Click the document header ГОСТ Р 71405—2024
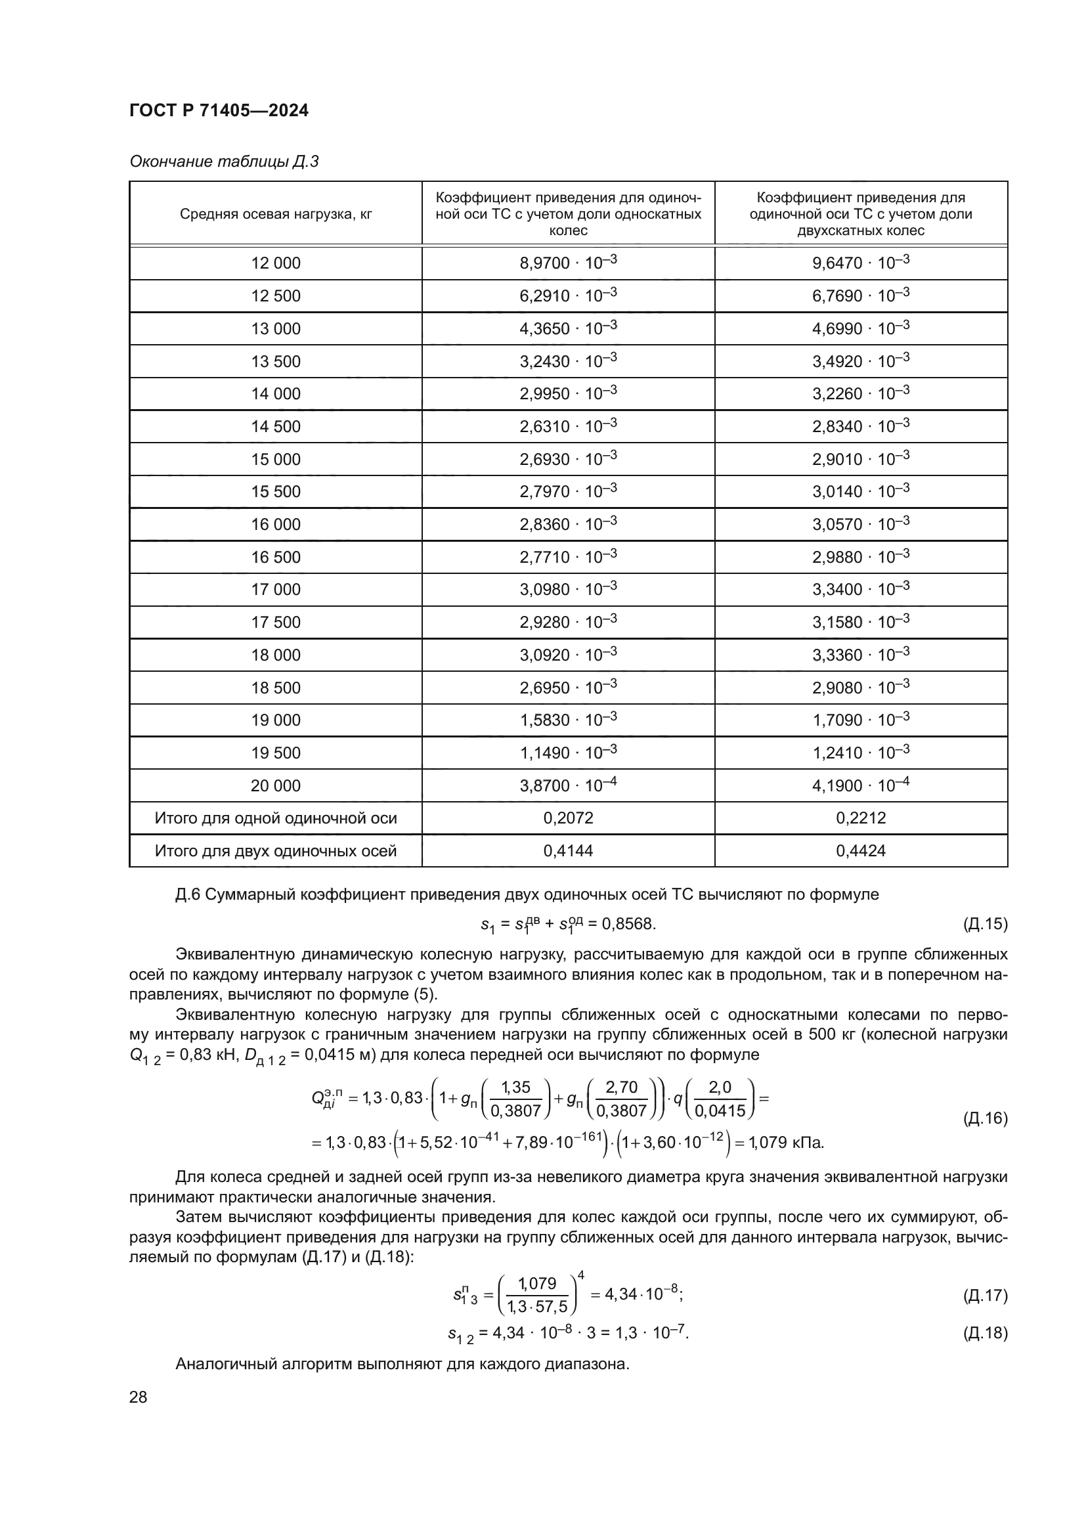pyautogui.click(x=219, y=111)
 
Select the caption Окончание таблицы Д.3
pyautogui.click(x=223, y=162)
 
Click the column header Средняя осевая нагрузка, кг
pyautogui.click(x=276, y=214)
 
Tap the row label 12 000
pyautogui.click(x=276, y=263)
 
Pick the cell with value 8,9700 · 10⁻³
pyautogui.click(x=568, y=263)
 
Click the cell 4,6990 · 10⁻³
pyautogui.click(x=861, y=328)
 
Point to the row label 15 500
pyautogui.click(x=276, y=492)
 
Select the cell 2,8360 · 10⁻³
pyautogui.click(x=568, y=525)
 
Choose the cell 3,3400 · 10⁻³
pyautogui.click(x=861, y=589)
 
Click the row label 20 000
pyautogui.click(x=276, y=785)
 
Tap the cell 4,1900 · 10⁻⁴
pyautogui.click(x=861, y=785)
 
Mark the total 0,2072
pyautogui.click(x=568, y=818)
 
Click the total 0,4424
pyautogui.click(x=861, y=851)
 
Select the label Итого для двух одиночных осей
pyautogui.click(x=276, y=851)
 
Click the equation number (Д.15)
pyautogui.click(x=984, y=924)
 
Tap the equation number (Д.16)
pyautogui.click(x=984, y=1118)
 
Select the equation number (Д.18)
pyautogui.click(x=984, y=1332)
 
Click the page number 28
pyautogui.click(x=139, y=1397)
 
